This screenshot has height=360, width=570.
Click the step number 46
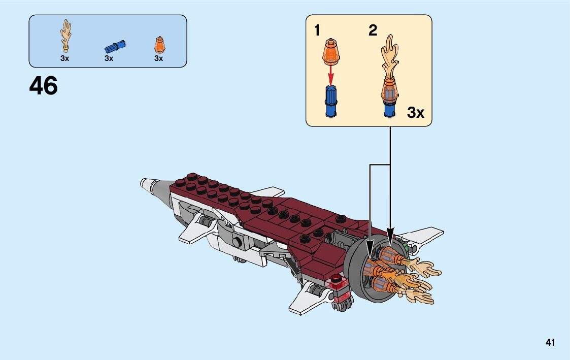[44, 86]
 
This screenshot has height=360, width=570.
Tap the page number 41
[550, 343]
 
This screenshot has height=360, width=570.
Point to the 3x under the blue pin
[109, 58]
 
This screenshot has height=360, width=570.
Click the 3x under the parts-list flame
[64, 58]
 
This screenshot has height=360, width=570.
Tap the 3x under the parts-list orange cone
[158, 58]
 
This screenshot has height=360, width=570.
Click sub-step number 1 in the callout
[317, 31]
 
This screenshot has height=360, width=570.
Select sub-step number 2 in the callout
[373, 31]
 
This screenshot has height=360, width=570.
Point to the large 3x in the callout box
[415, 113]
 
